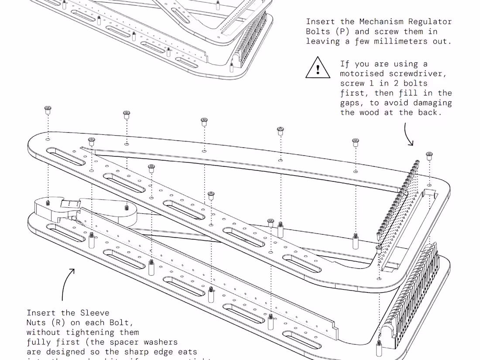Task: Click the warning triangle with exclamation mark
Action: click(318, 69)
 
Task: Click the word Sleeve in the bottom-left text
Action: click(95, 312)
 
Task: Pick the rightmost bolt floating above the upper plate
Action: click(429, 156)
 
